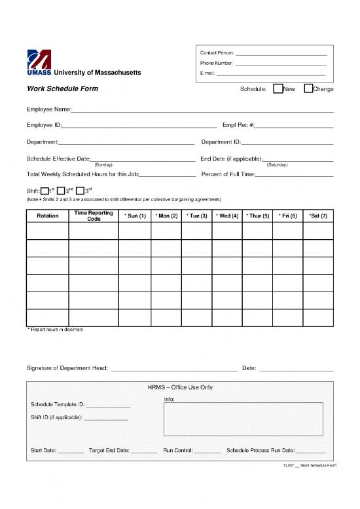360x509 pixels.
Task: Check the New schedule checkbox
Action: point(278,88)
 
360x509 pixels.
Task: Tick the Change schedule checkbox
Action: point(308,88)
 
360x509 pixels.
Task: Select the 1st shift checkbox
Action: point(45,191)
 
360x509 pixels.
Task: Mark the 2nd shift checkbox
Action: point(61,191)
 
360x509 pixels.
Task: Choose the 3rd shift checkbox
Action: point(80,191)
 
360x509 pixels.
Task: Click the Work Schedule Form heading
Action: point(62,88)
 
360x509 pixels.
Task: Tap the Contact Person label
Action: point(216,52)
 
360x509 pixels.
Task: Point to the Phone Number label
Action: point(217,63)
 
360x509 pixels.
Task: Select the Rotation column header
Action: point(47,216)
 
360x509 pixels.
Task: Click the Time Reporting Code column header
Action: point(94,216)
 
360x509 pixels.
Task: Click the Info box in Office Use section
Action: point(243,419)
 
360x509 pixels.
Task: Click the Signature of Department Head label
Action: point(67,368)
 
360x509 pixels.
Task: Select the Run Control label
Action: point(178,451)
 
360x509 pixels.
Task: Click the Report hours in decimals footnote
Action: point(55,330)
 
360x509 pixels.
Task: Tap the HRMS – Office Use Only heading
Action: point(180,387)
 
